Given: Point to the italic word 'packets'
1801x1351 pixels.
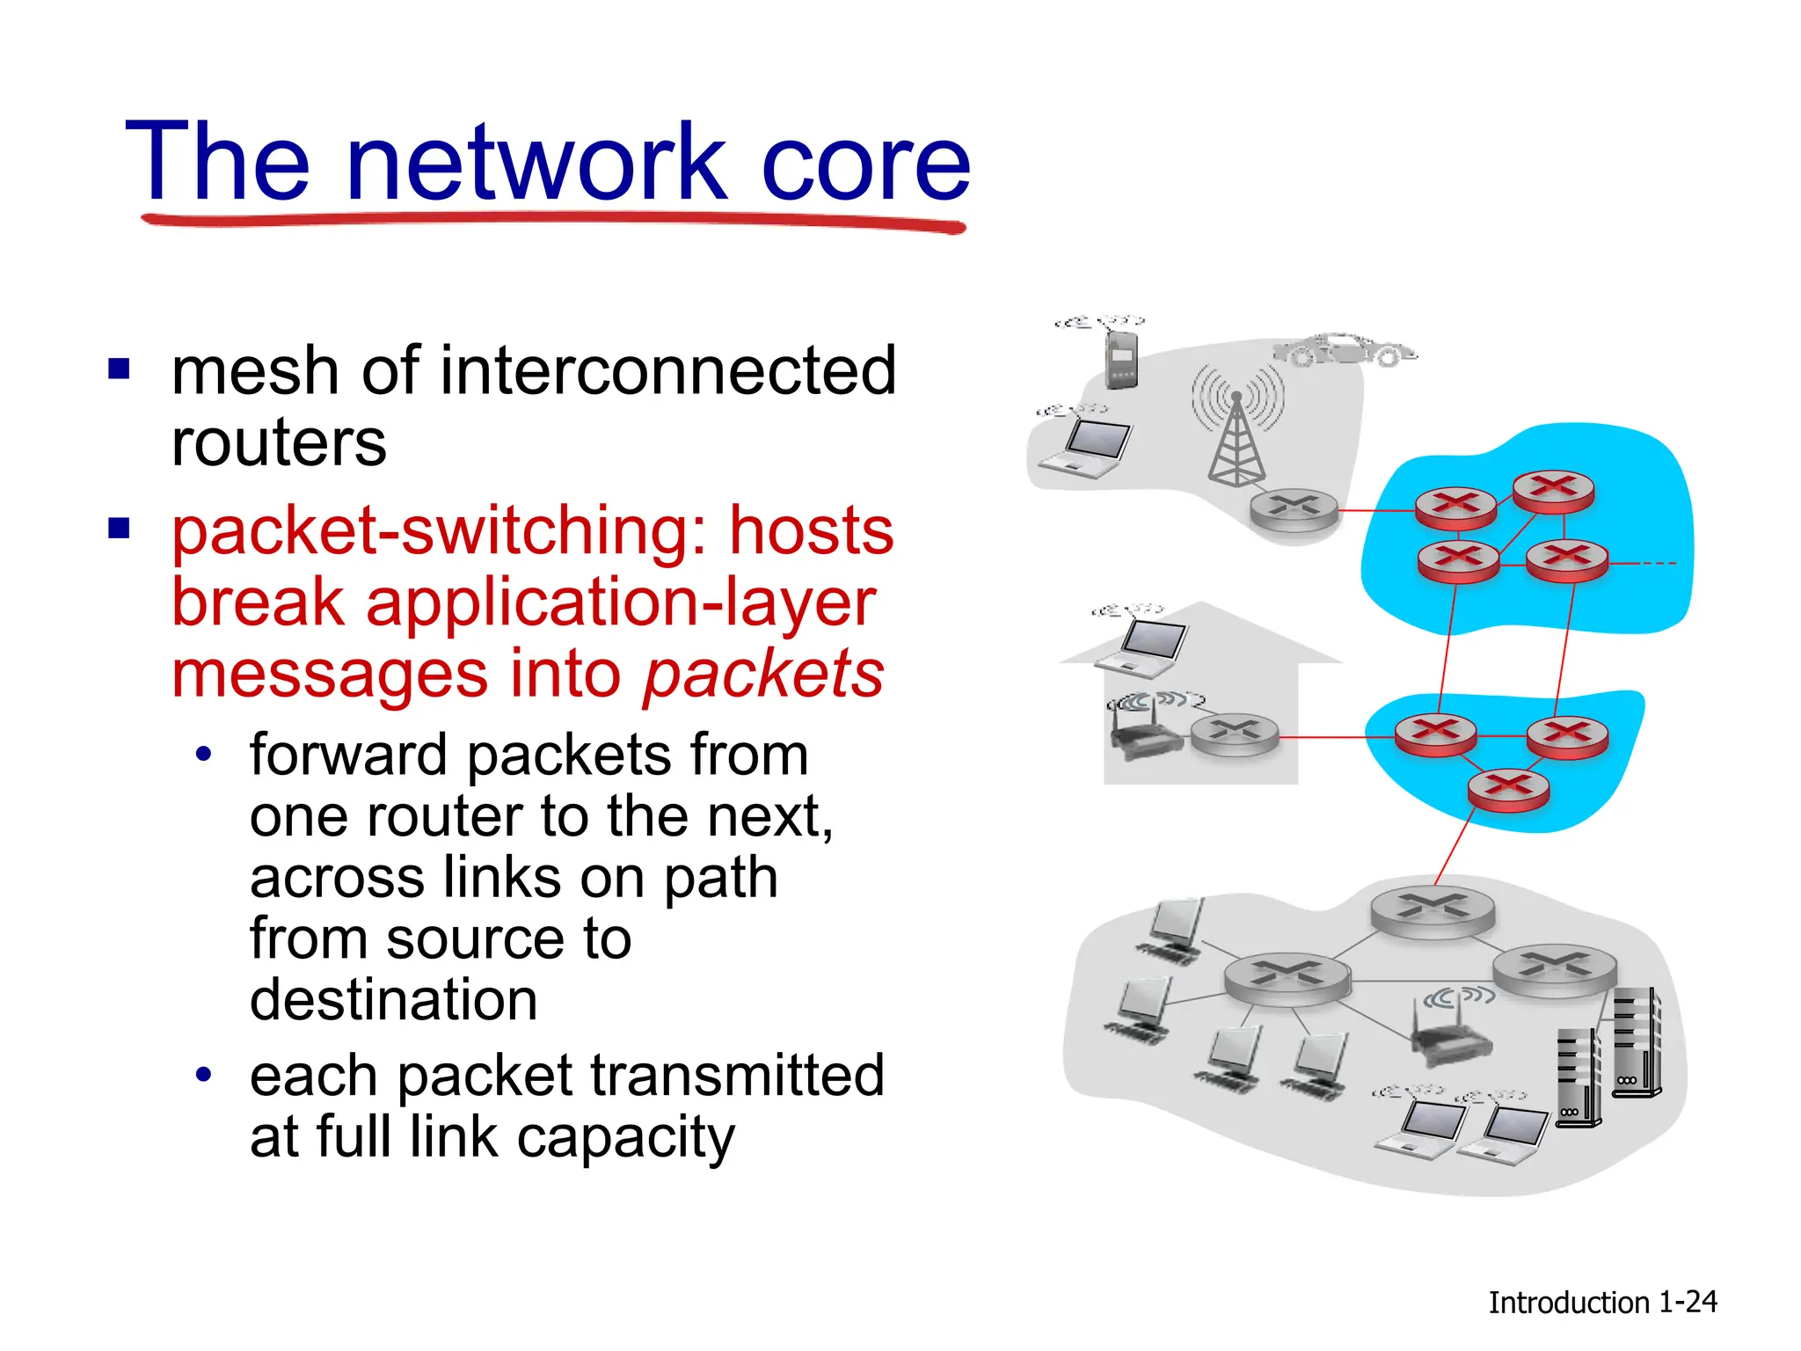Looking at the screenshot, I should pyautogui.click(x=763, y=675).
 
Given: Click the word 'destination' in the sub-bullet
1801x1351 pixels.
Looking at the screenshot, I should pyautogui.click(x=393, y=1001).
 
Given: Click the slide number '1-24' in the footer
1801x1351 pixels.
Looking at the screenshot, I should pyautogui.click(x=1688, y=1302).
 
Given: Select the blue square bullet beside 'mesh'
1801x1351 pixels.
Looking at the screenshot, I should pyautogui.click(x=119, y=369).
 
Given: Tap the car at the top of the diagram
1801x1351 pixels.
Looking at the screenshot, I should pyautogui.click(x=1344, y=350).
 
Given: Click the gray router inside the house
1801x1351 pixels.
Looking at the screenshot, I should pyautogui.click(x=1235, y=733).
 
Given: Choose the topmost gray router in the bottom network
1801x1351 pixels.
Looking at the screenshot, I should pyautogui.click(x=1432, y=909).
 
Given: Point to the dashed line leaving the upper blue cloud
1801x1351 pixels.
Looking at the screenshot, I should pyautogui.click(x=1643, y=563).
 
